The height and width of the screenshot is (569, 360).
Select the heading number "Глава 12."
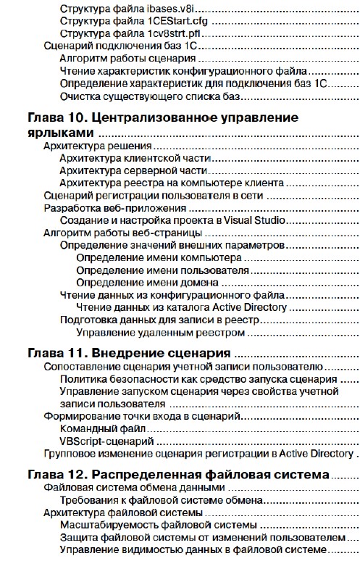point(55,475)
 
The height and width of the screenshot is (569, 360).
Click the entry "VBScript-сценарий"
point(106,441)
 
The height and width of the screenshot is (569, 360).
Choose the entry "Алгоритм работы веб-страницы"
point(122,233)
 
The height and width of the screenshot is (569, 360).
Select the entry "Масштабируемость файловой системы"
point(158,525)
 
